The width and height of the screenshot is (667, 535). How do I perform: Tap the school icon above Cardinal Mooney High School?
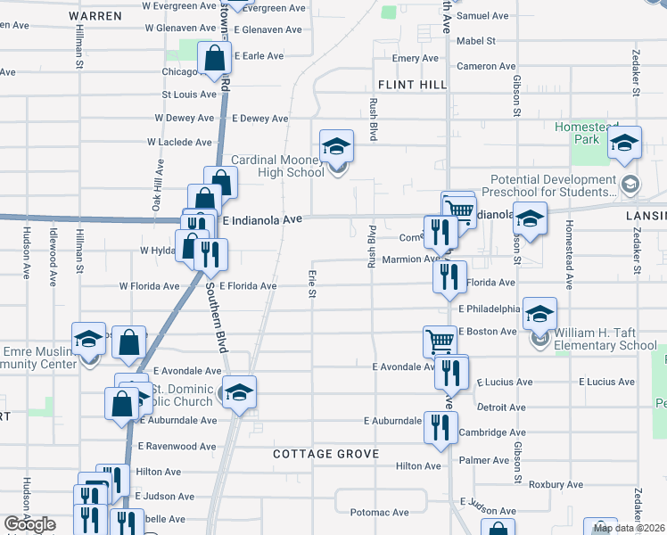coord(337,145)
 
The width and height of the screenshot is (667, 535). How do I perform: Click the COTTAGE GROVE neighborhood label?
coord(326,454)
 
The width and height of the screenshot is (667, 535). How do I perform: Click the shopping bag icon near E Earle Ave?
coord(215,60)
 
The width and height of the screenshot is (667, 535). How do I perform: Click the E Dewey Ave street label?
coord(259,119)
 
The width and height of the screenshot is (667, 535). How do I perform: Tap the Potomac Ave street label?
coord(379,513)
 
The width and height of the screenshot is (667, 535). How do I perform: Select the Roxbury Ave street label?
coord(554,485)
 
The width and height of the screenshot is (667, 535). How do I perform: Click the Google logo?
coord(29,524)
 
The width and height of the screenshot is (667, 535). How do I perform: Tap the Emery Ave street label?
coord(416,58)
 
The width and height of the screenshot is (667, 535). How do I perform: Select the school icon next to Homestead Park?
coord(624,144)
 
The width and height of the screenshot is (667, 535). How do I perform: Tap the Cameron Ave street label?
coord(486,67)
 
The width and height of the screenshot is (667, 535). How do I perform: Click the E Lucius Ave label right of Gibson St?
coord(606,382)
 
